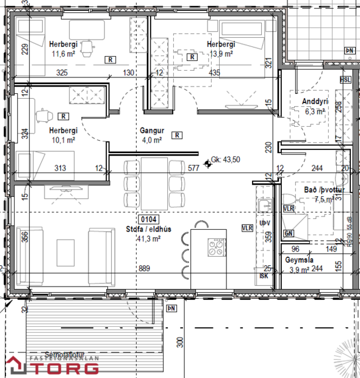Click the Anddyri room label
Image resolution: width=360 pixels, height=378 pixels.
(x=315, y=101)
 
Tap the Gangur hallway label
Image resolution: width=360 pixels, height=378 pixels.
(x=150, y=130)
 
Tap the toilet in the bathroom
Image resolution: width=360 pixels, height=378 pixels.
(x=289, y=199)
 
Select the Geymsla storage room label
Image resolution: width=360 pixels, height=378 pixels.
(x=299, y=259)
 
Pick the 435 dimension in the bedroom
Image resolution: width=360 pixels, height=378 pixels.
(x=214, y=73)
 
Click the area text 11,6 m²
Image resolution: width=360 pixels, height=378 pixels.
(x=62, y=54)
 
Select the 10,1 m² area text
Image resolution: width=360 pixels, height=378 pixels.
(x=63, y=140)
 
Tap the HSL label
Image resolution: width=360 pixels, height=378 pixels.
(x=345, y=80)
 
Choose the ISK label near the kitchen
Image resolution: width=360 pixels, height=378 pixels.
(x=264, y=275)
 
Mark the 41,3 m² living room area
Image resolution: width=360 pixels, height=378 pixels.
(x=148, y=239)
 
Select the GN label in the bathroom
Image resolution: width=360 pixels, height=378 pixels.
(x=289, y=233)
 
